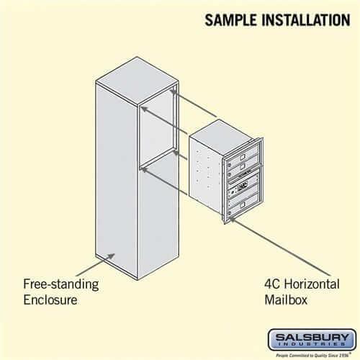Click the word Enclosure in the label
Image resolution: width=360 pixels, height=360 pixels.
click(x=49, y=300)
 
